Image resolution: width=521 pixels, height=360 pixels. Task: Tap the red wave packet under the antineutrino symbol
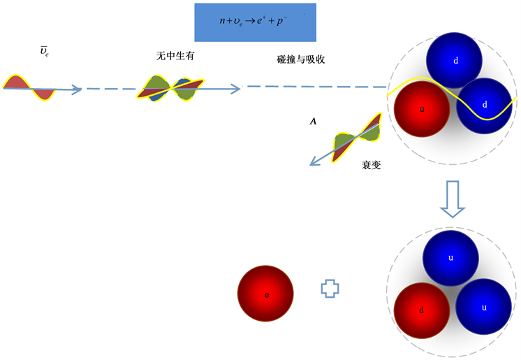[29, 87]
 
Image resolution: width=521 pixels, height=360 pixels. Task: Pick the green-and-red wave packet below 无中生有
[171, 88]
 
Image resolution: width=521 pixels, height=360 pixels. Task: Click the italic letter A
[314, 121]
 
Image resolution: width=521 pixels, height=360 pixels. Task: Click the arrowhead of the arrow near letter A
[314, 163]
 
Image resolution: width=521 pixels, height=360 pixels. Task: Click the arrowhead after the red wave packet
[77, 89]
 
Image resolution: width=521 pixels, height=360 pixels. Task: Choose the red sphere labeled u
[421, 110]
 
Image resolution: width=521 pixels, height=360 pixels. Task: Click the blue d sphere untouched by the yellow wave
[455, 60]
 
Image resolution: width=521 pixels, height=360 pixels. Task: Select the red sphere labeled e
[266, 294]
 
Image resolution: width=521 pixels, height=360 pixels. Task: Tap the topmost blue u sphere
[450, 257]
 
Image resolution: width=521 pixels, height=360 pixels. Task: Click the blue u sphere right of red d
[483, 307]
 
